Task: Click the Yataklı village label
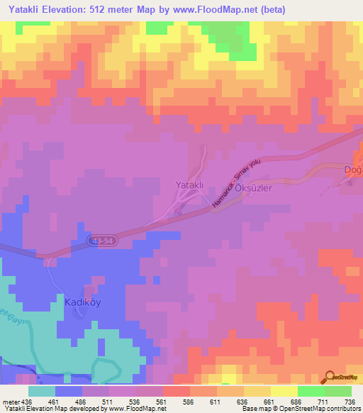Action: pyautogui.click(x=189, y=185)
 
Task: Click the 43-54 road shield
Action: pyautogui.click(x=102, y=242)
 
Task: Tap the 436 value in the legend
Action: pyautogui.click(x=26, y=402)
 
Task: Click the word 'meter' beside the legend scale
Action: pyautogui.click(x=9, y=402)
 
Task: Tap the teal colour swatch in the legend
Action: pyautogui.click(x=42, y=391)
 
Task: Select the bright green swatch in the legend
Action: pyautogui.click(x=311, y=391)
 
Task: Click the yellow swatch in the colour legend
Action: pyautogui.click(x=284, y=391)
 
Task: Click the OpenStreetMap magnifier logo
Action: pyautogui.click(x=330, y=376)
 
